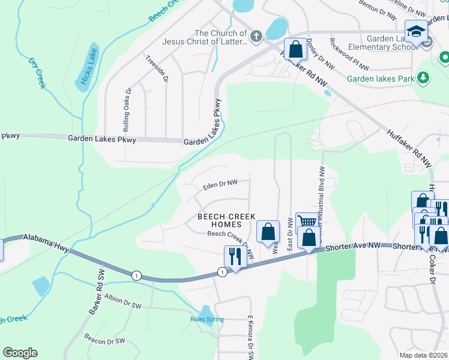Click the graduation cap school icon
point(415,31)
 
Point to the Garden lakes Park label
point(381,78)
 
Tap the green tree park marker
point(424,77)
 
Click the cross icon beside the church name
point(256,37)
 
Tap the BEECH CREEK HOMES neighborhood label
point(228,220)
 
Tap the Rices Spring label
point(206,319)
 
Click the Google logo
point(20,353)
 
